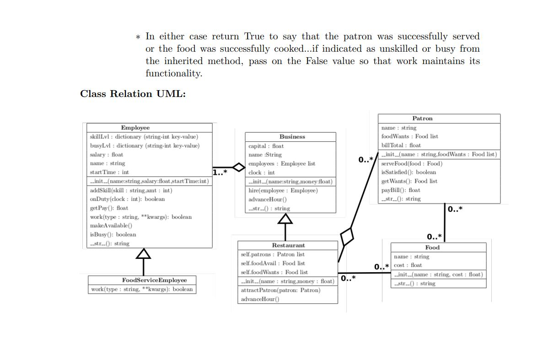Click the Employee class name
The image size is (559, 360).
coord(135,128)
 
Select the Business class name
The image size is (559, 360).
coord(292,137)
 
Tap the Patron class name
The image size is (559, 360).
coord(422,118)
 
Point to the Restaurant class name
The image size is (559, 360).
coord(288,246)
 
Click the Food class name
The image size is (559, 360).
coord(432,247)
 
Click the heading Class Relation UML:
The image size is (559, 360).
coord(133,94)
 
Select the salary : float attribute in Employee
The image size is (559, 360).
coord(107,155)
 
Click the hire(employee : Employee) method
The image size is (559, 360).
coord(283,190)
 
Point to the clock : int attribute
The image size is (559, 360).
coord(262,172)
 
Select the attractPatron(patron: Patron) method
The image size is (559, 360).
coord(280,290)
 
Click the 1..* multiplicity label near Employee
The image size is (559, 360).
coord(220,172)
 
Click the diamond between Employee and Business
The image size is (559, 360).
coord(238,167)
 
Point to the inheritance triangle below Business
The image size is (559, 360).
coord(285,220)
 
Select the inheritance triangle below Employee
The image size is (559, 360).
coord(144,254)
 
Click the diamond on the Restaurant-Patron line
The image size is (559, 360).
coord(347,236)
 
